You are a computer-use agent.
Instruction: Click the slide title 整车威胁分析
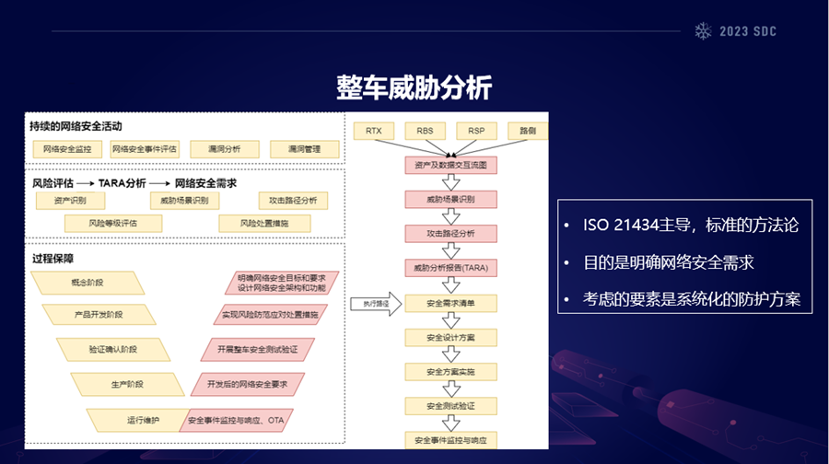414,87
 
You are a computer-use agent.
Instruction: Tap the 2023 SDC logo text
745,30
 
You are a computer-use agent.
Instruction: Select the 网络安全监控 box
67,148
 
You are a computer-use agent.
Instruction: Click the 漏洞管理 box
304,148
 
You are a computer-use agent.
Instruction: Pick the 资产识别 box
70,200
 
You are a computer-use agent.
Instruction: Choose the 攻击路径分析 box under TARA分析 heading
293,200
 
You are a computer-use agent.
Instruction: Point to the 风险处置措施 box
264,223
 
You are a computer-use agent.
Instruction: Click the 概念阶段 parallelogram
88,282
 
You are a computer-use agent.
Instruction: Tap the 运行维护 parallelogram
143,420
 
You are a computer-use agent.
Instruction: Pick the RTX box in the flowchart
373,131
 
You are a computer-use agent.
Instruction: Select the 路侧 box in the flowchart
528,131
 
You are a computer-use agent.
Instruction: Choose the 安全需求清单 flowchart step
450,303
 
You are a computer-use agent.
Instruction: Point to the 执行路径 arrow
376,303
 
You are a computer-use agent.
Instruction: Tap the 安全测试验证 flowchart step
450,405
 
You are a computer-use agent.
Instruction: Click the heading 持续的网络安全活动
76,126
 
